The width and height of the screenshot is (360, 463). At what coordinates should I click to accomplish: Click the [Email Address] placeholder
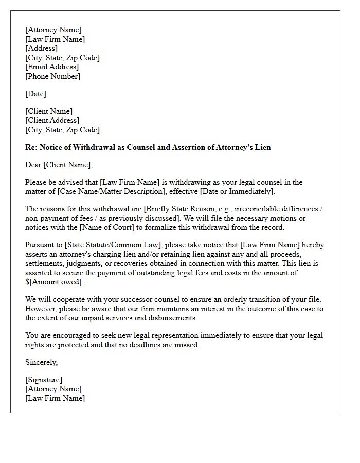click(52, 67)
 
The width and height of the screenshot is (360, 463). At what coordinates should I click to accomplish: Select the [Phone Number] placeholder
click(52, 76)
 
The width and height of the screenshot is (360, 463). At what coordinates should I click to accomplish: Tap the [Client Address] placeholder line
click(52, 120)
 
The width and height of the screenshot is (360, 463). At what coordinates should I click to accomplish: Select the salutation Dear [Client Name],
click(59, 165)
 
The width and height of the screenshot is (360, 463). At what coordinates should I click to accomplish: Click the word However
click(41, 309)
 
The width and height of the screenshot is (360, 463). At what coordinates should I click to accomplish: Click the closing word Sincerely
click(41, 362)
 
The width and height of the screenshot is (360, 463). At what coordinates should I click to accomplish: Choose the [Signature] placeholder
click(44, 380)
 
